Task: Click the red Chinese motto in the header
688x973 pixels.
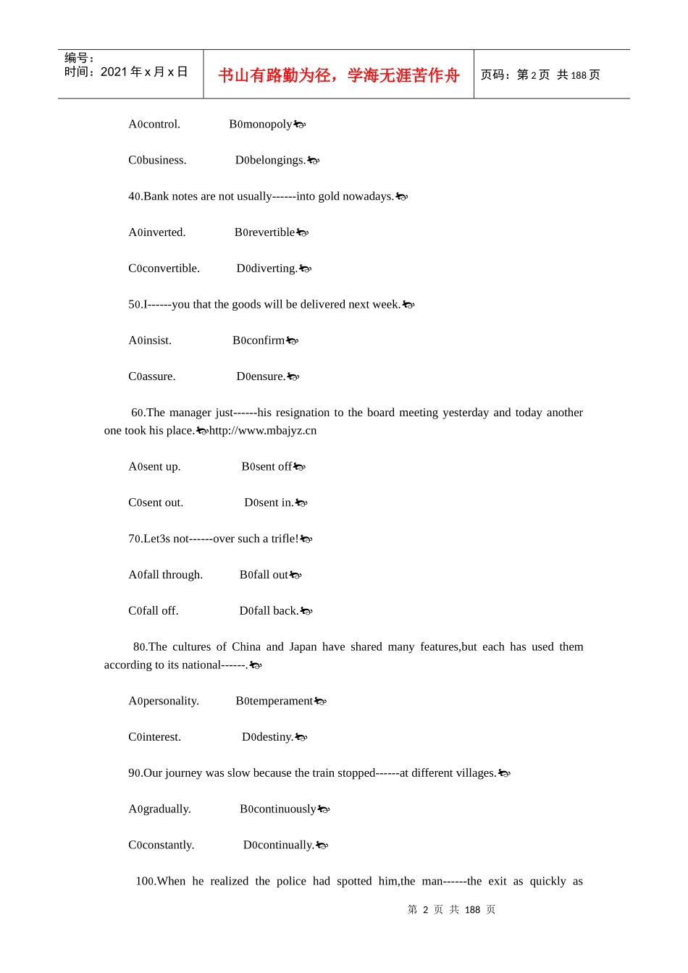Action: [x=338, y=75]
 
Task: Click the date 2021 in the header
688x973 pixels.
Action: [x=114, y=72]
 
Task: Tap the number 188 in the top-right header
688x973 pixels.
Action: [x=579, y=75]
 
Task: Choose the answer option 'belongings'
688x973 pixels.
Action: [x=270, y=160]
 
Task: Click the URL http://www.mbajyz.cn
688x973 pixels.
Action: [x=263, y=431]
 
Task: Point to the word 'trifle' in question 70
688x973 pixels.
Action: [x=283, y=539]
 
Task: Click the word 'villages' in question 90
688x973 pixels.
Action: [x=473, y=773]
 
